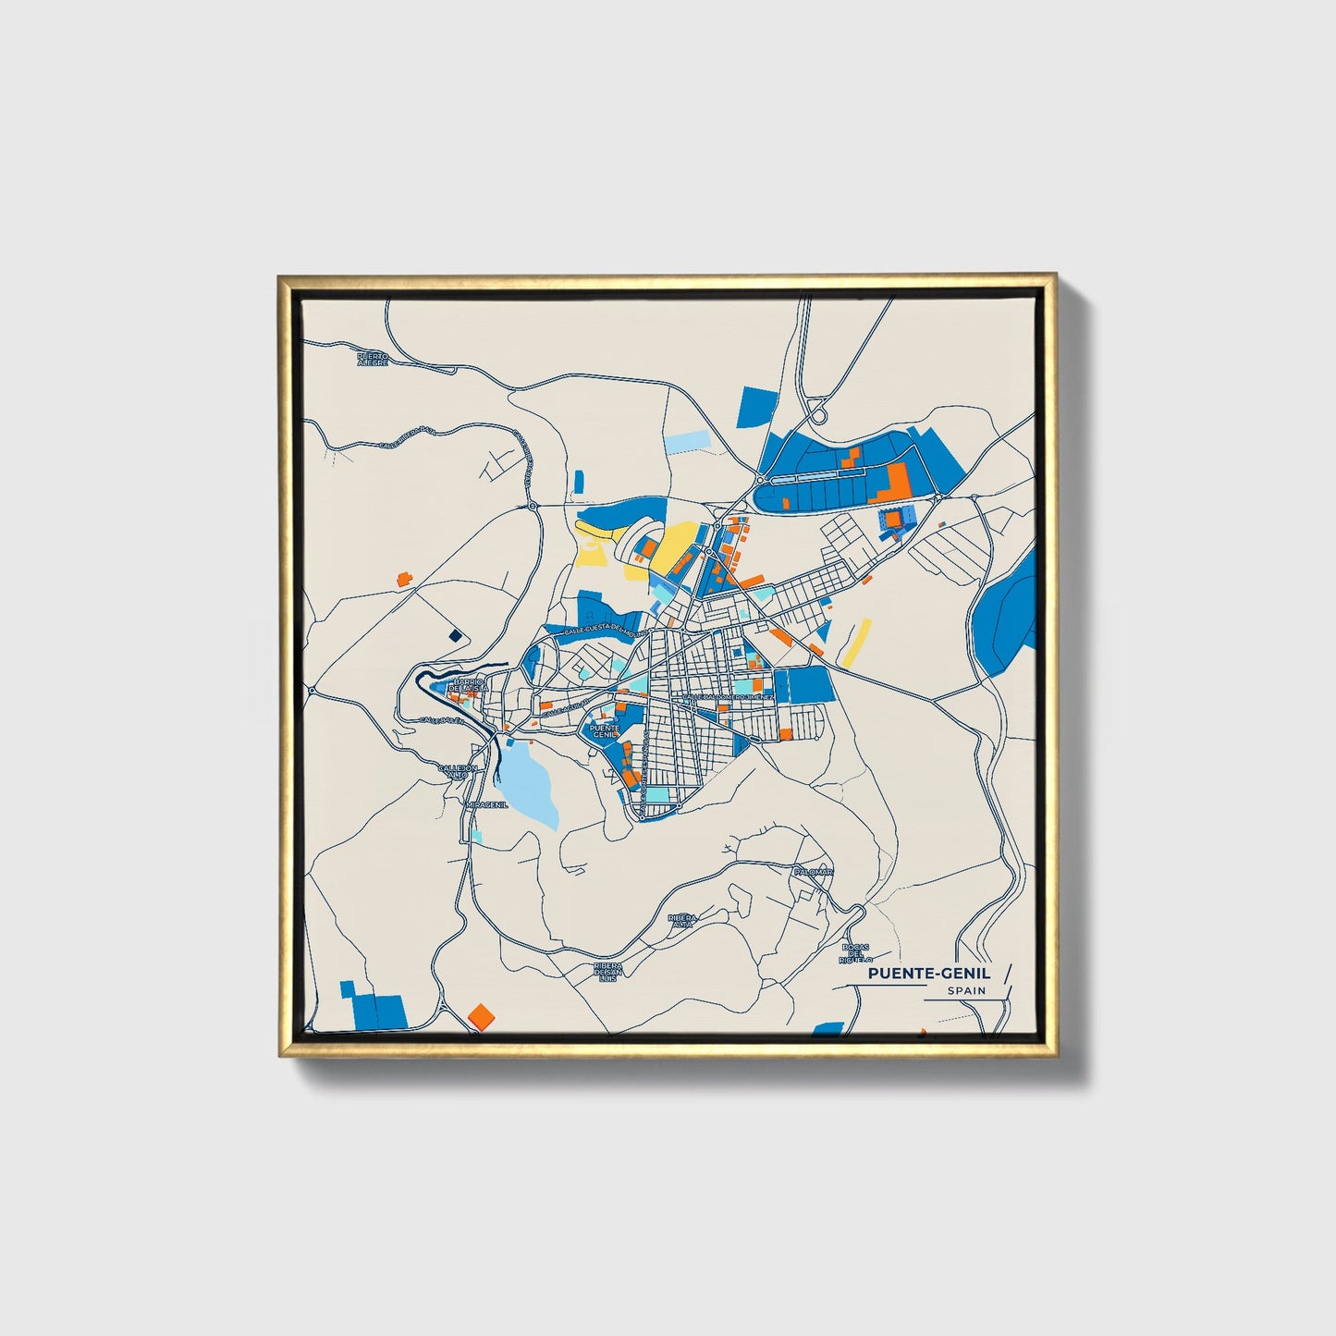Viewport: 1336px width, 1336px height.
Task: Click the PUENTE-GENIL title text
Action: [x=929, y=973]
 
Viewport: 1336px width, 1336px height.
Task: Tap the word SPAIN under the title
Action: [x=966, y=991]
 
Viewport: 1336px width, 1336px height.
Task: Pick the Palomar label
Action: [x=814, y=872]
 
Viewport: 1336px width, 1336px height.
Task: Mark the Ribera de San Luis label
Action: [x=607, y=972]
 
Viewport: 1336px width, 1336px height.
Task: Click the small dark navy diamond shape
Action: [x=454, y=634]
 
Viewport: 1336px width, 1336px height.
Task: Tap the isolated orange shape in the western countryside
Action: [x=401, y=579]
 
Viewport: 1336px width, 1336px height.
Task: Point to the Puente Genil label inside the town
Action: [x=604, y=730]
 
